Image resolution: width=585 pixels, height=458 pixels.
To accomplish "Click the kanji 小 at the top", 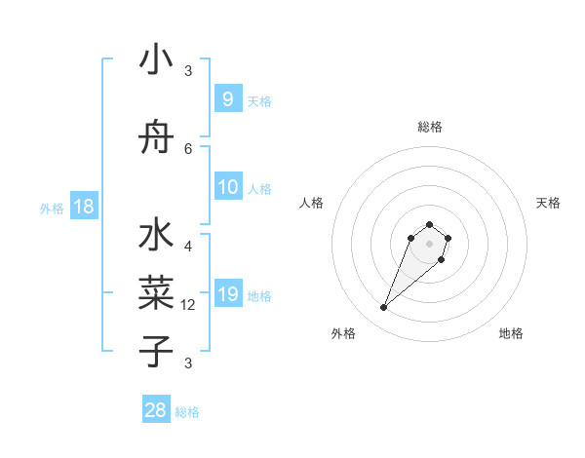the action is [156, 60].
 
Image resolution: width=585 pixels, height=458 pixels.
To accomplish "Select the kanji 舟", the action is [156, 139].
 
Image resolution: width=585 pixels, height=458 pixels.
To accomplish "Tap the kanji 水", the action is [156, 238].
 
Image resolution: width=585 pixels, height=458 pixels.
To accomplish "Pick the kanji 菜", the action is [156, 291].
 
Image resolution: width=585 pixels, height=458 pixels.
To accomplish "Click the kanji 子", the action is [156, 350].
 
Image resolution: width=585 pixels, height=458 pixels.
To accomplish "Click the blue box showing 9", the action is [227, 99].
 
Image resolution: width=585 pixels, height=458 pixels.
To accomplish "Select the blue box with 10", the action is [227, 187].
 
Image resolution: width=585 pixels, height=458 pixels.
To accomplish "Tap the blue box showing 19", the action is [227, 294].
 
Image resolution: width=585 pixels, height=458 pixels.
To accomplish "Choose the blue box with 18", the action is [83, 207].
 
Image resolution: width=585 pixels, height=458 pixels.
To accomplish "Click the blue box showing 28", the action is [156, 410].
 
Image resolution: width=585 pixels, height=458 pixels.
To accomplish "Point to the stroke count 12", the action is [189, 305].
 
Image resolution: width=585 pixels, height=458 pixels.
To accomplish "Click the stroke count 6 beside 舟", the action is [188, 148].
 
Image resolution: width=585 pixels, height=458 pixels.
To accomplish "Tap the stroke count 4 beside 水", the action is [188, 247].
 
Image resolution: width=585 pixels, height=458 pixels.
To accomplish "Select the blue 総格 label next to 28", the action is [187, 412].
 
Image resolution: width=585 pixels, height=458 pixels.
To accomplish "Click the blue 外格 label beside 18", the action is [52, 208].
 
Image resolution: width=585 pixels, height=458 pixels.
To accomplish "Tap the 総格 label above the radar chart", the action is [429, 127].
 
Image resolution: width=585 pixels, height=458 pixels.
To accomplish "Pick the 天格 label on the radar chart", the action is [548, 203].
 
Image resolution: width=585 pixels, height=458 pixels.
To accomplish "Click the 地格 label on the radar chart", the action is [511, 333].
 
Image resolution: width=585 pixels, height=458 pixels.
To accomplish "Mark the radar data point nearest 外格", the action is [383, 308].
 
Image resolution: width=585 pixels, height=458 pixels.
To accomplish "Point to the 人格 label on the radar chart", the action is [312, 203].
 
